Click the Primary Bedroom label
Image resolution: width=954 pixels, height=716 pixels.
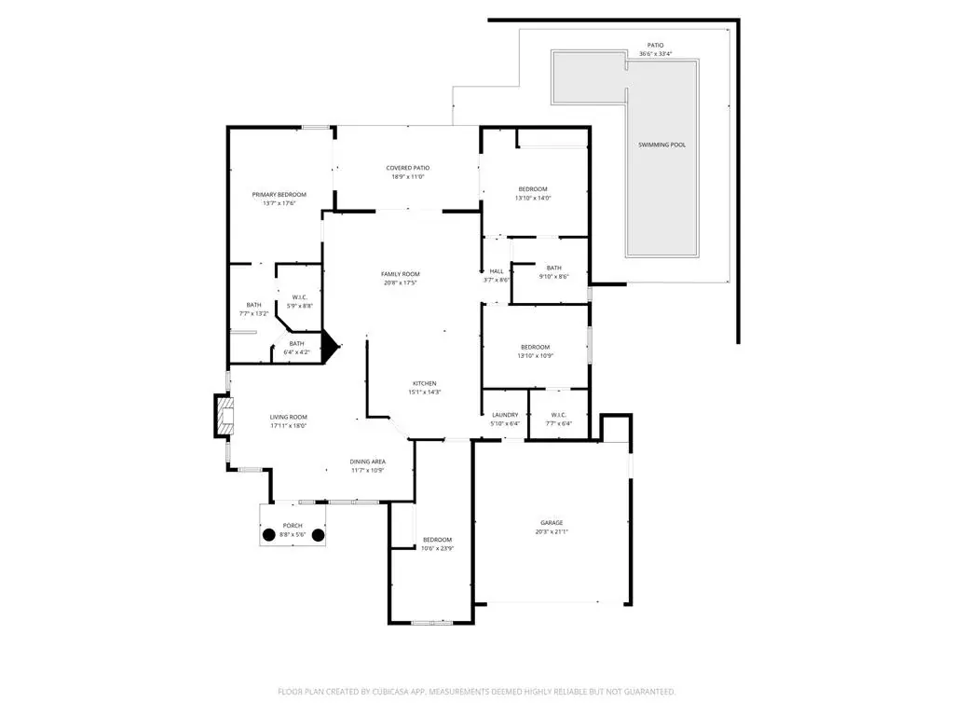coord(279,195)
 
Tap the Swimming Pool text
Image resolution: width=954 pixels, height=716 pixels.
coord(662,145)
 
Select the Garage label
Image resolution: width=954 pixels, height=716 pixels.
coord(552,523)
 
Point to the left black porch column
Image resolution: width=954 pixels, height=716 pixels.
coord(269,536)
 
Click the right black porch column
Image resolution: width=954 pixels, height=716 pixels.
coord(319,536)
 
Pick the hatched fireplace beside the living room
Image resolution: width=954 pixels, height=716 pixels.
coord(224,416)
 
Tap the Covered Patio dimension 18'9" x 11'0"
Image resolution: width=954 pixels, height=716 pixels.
coord(408,177)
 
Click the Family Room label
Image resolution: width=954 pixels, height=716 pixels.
coord(401,274)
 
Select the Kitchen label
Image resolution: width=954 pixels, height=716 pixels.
coord(425,383)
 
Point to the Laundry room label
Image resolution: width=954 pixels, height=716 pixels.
coord(505,415)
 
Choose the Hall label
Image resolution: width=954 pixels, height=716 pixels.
coord(497,271)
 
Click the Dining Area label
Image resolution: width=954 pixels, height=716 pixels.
coord(367,461)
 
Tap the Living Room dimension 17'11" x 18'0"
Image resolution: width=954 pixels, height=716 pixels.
coord(289,425)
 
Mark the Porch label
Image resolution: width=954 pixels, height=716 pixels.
coord(293,526)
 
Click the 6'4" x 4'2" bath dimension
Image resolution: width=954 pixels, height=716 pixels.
coord(297,352)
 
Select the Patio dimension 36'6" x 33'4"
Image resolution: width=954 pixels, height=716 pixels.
coord(655,53)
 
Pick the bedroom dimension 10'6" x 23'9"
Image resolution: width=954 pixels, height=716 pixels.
coord(438,548)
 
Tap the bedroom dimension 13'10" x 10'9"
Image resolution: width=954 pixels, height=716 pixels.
coord(536,355)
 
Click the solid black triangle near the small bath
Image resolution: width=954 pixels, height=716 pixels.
coord(330,347)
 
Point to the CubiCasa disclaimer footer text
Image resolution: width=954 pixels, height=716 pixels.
coord(476,692)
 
